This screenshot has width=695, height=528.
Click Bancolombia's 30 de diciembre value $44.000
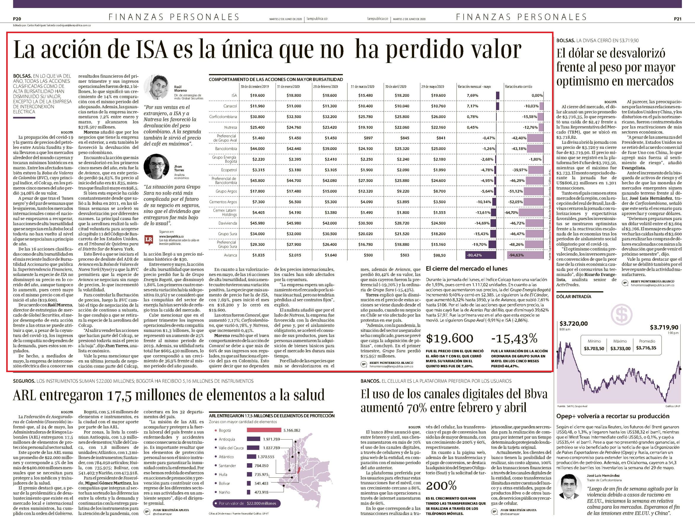pyautogui.click(x=258, y=149)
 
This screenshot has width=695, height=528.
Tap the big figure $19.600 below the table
pyautogui.click(x=449, y=338)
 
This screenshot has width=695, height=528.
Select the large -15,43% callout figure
pyautogui.click(x=514, y=338)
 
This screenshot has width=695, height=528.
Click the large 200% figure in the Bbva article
pyautogui.click(x=441, y=486)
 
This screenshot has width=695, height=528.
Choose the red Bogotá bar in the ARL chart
pyautogui.click(x=263, y=430)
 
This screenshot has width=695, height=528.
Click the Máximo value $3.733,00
pyautogui.click(x=620, y=348)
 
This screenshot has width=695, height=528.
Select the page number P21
pyautogui.click(x=677, y=19)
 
